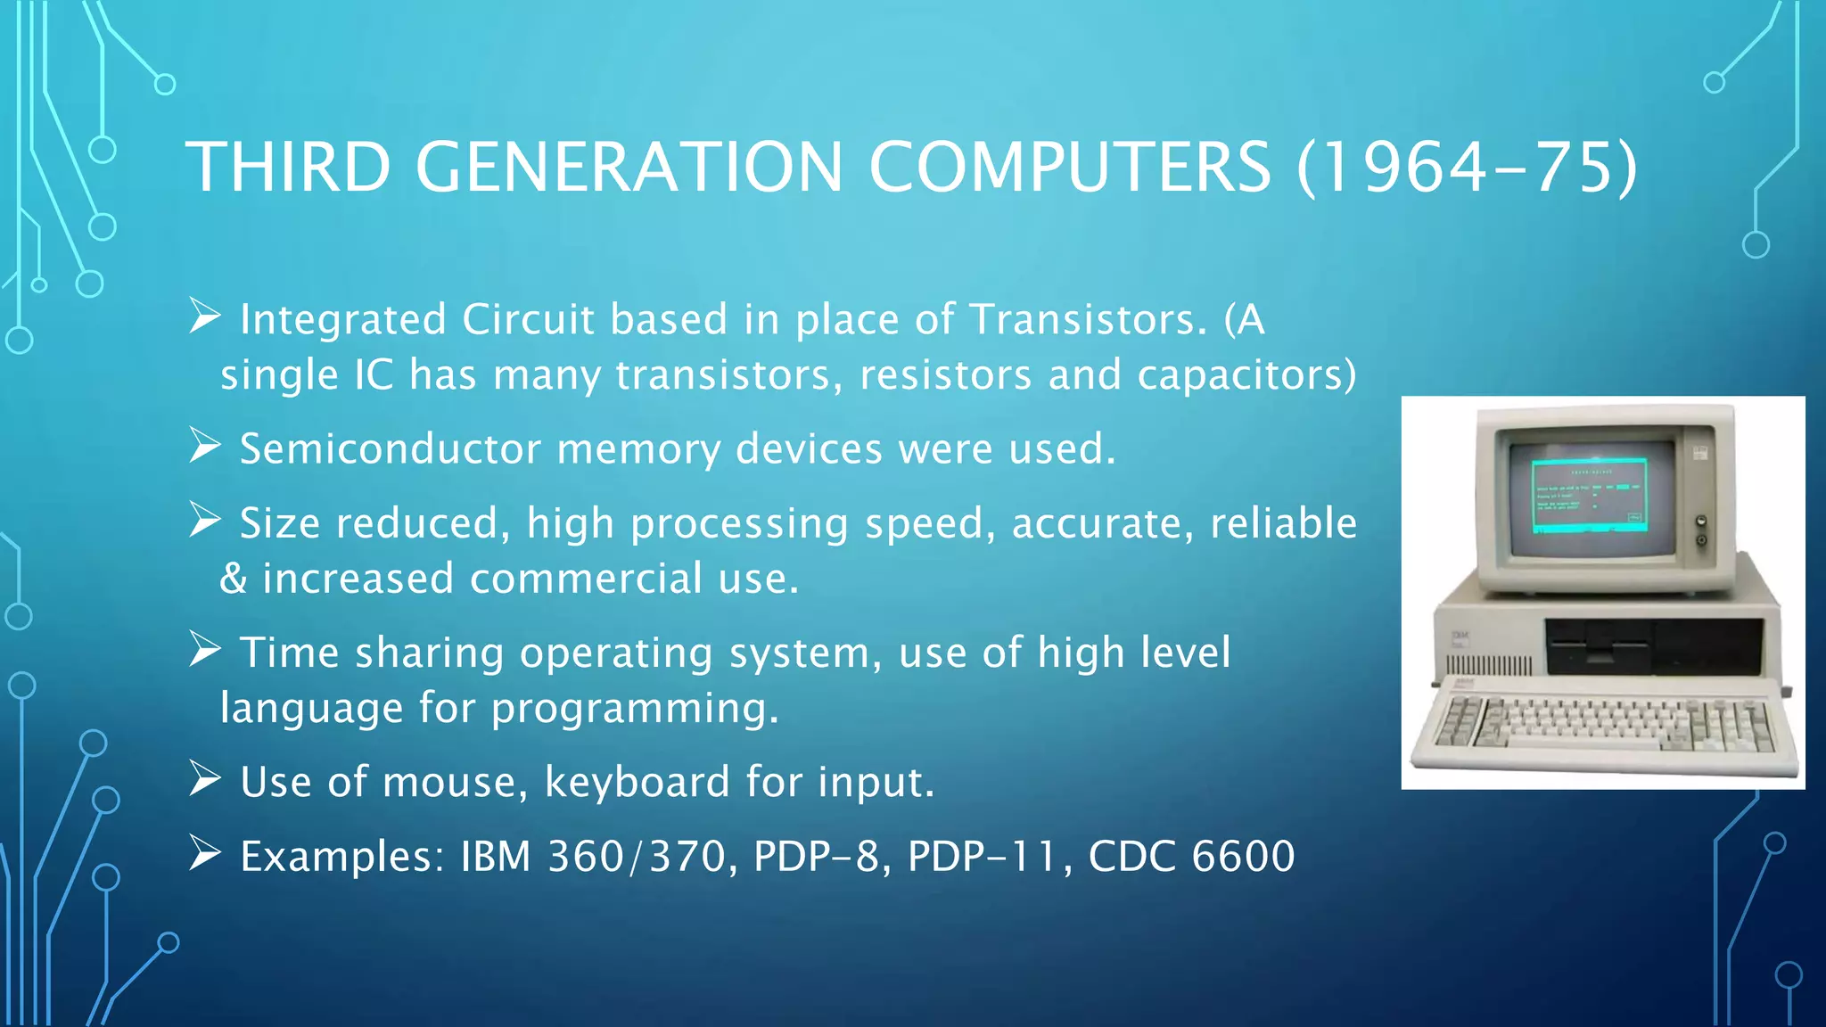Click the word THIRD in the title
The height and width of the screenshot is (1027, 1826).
click(288, 167)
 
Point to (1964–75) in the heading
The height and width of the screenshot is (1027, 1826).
click(1467, 167)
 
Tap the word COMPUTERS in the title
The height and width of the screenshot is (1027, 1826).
click(1069, 167)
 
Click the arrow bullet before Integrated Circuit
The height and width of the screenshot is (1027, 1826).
click(204, 316)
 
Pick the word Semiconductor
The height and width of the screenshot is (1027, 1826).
click(390, 448)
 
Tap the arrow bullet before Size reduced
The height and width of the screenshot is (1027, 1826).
click(204, 520)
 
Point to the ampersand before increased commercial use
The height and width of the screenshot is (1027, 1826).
click(233, 579)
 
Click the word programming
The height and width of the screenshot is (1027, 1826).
click(634, 709)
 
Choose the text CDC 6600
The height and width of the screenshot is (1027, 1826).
click(1191, 856)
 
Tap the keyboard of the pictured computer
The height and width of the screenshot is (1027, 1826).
click(1605, 722)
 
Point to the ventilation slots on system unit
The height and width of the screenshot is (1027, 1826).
click(1488, 665)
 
